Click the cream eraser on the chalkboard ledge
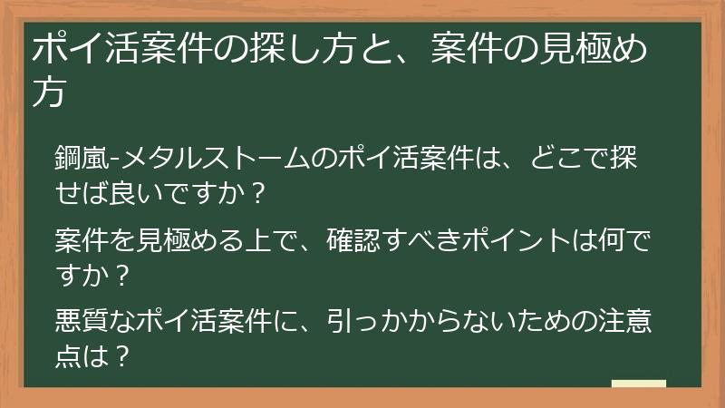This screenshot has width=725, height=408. (638, 384)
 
